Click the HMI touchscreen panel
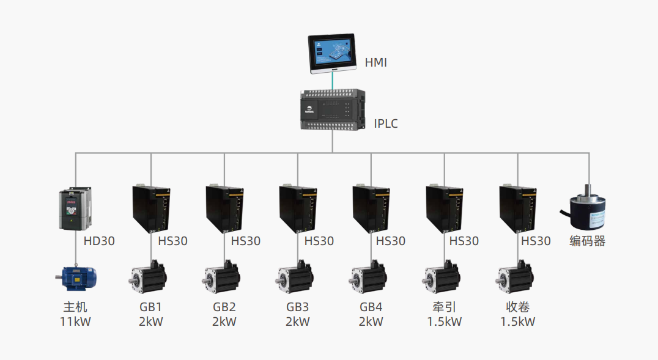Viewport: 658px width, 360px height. click(333, 54)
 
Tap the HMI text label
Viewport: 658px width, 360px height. click(375, 62)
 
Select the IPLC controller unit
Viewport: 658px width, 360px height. click(333, 110)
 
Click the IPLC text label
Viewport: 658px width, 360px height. click(386, 124)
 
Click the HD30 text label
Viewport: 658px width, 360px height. click(99, 241)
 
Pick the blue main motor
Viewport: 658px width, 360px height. click(76, 278)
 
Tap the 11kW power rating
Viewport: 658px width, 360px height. click(75, 321)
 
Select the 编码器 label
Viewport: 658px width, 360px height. click(587, 241)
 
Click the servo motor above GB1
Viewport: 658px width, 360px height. click(148, 278)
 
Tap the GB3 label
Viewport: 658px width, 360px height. click(297, 307)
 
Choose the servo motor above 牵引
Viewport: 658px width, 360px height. click(442, 278)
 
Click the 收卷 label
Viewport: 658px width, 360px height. click(517, 307)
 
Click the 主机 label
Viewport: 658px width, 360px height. click(75, 307)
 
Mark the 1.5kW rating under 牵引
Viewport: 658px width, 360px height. click(444, 321)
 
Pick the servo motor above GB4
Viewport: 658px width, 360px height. click(369, 278)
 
